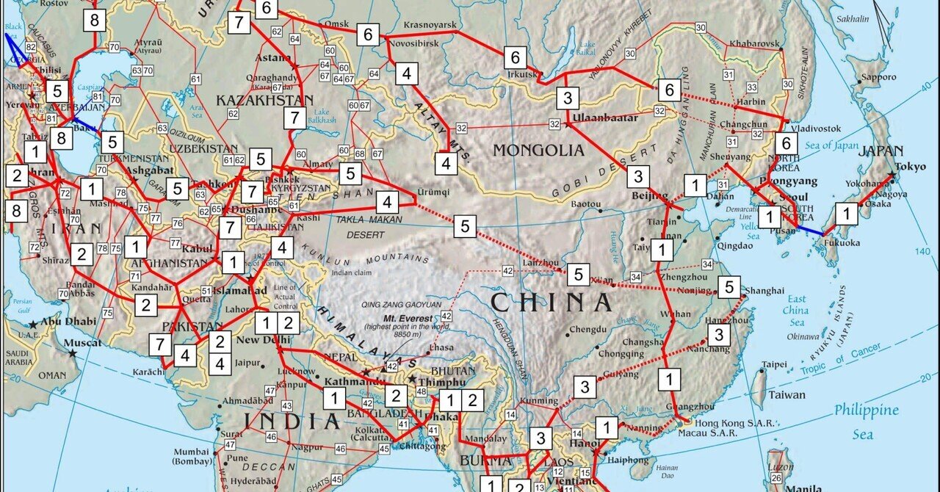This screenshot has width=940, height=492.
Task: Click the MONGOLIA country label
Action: tap(538, 151)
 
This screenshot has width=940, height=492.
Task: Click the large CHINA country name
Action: tap(551, 303)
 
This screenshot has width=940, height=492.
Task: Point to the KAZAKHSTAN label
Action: tap(264, 100)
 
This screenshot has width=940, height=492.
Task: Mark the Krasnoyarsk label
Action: tap(430, 25)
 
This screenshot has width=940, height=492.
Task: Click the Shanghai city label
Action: tap(764, 291)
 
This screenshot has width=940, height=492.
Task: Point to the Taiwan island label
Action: tap(787, 394)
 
